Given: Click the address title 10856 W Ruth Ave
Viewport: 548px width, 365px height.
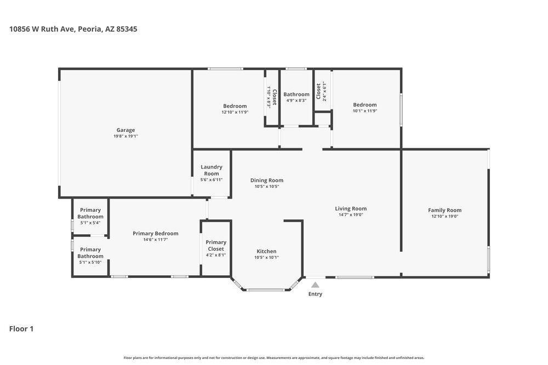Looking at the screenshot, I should (x=73, y=29).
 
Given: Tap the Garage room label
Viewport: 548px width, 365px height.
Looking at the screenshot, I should (x=125, y=130).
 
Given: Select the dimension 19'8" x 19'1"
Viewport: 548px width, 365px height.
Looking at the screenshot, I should (x=125, y=136).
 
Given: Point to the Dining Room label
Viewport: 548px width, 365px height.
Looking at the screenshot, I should (x=267, y=180).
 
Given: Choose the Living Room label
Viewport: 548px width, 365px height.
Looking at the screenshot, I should (x=351, y=208).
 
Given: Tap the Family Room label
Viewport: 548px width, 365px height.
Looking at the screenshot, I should (x=444, y=210).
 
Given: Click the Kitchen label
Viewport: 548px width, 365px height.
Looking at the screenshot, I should (x=266, y=251).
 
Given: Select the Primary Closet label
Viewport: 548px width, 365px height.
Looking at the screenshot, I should (x=216, y=245).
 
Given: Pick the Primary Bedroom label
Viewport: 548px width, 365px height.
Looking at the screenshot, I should (x=155, y=233).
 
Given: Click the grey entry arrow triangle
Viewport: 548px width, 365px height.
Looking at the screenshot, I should (x=315, y=285).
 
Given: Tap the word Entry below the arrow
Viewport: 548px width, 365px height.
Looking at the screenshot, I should (x=315, y=294).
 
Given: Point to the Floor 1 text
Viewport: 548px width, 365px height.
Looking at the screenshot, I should (x=21, y=329).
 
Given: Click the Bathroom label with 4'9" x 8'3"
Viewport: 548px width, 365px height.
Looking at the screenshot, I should (x=296, y=94).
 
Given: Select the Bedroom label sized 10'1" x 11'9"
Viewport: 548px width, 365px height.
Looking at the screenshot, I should (x=364, y=105).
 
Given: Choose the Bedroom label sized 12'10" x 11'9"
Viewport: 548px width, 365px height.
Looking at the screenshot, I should (x=235, y=106).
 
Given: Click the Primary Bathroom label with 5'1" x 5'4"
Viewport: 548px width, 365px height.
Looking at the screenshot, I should (x=90, y=213).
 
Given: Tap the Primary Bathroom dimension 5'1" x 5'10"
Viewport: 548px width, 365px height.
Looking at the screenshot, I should (x=90, y=262).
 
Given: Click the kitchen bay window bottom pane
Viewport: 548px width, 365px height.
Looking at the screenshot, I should (x=266, y=290).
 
